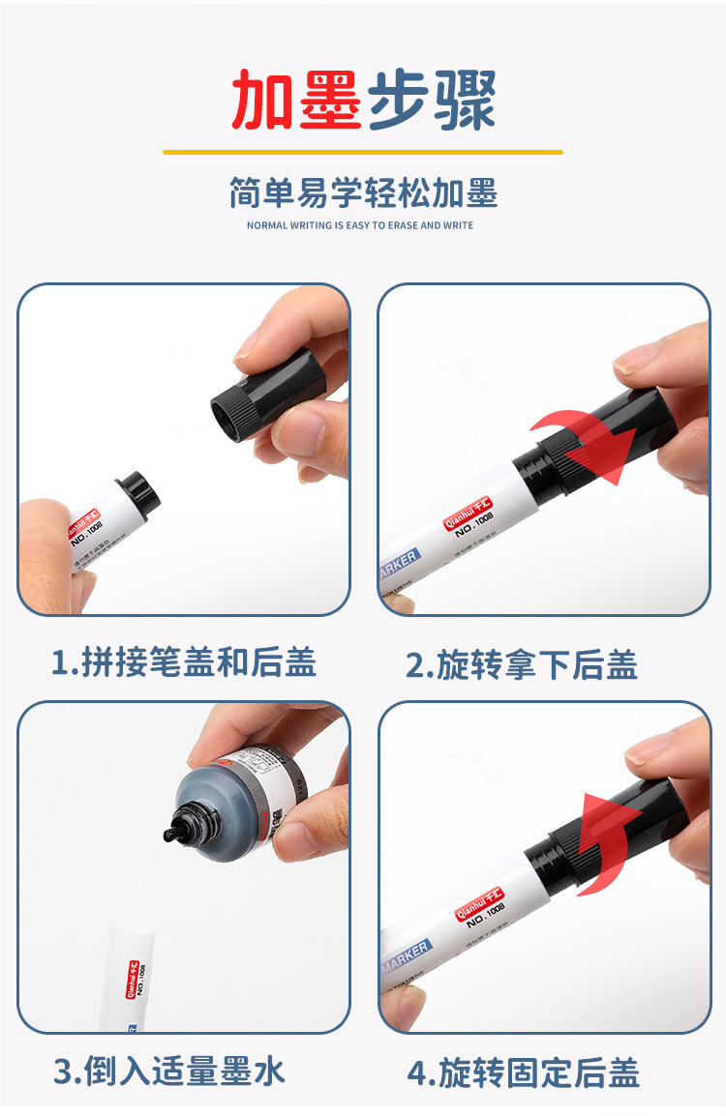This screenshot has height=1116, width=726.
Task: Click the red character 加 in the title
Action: click(x=263, y=100)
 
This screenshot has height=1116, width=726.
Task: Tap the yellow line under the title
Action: click(x=362, y=152)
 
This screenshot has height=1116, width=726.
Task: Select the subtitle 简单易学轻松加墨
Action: click(x=363, y=193)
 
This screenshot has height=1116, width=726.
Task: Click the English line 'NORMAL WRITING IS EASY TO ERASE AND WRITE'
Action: click(x=360, y=225)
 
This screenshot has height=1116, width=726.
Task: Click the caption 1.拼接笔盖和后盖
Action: click(x=184, y=662)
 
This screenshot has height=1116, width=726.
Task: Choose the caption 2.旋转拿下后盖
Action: click(x=522, y=665)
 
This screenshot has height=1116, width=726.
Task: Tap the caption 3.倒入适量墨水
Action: click(x=169, y=1072)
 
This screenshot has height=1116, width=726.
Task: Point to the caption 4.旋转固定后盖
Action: click(x=523, y=1073)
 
